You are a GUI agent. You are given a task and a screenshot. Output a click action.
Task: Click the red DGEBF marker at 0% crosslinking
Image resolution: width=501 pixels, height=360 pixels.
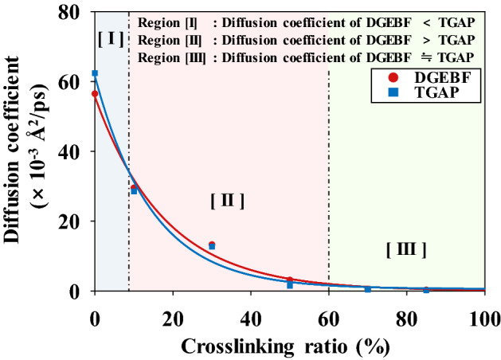(x=95, y=94)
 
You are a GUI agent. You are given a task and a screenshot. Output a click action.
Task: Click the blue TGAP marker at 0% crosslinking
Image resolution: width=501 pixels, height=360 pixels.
(x=95, y=73)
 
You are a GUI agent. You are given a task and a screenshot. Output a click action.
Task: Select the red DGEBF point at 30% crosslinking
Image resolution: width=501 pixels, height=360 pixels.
(x=212, y=245)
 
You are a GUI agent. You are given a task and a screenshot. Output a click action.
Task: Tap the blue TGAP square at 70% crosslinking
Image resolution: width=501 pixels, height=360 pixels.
(x=368, y=289)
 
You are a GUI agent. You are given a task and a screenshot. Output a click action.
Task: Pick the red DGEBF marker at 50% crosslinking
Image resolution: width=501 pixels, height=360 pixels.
(x=290, y=280)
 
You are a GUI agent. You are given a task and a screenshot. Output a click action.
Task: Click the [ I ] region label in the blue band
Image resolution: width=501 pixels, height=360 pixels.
(x=111, y=37)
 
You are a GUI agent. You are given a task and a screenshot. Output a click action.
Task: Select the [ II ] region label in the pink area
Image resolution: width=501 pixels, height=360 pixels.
(x=226, y=201)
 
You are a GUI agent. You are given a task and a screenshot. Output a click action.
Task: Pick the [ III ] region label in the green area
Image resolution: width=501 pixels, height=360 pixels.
(x=406, y=249)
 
